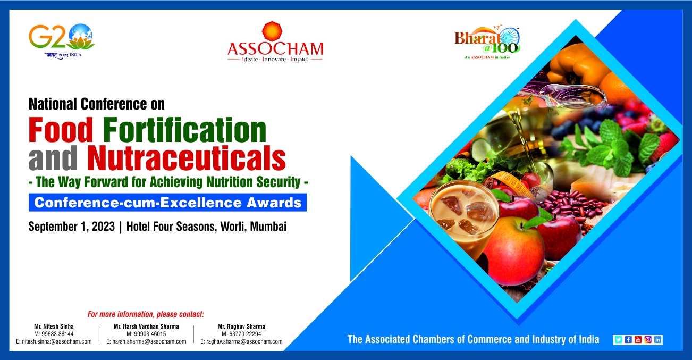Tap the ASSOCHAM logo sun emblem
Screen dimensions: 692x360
tap(272, 31)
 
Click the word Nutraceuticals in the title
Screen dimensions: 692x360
tap(187, 158)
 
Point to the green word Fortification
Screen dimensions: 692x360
tap(184, 129)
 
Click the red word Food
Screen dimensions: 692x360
tap(61, 129)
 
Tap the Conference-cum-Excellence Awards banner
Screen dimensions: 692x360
tap(168, 203)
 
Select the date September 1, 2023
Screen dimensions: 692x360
tap(71, 227)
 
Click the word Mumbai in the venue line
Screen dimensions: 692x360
tap(268, 227)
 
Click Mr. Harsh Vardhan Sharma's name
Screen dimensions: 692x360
tap(146, 326)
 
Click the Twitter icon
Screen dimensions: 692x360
tap(618, 340)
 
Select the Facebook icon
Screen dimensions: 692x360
tap(628, 340)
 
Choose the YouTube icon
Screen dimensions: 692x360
tap(638, 340)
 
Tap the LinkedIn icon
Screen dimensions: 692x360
tap(657, 340)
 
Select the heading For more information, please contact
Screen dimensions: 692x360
tap(146, 314)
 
